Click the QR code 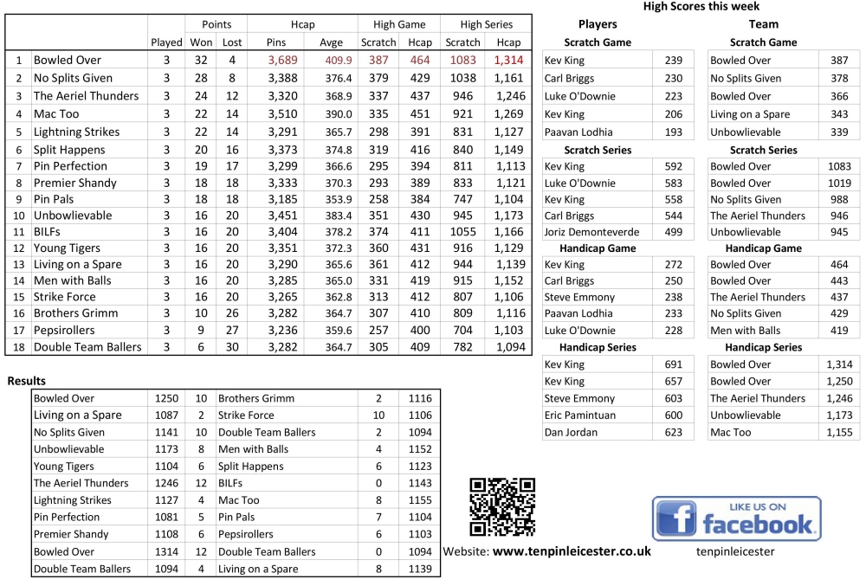pyautogui.click(x=502, y=506)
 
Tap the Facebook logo pyautogui.click(x=736, y=519)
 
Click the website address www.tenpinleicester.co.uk pyautogui.click(x=572, y=551)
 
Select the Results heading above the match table pyautogui.click(x=27, y=381)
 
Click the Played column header pyautogui.click(x=166, y=42)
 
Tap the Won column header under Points pyautogui.click(x=201, y=42)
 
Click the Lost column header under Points pyautogui.click(x=232, y=42)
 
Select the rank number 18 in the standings pyautogui.click(x=17, y=348)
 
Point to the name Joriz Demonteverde pyautogui.click(x=592, y=232)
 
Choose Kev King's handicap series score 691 pyautogui.click(x=673, y=364)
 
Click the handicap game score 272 pyautogui.click(x=673, y=265)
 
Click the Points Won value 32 pyautogui.click(x=201, y=61)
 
